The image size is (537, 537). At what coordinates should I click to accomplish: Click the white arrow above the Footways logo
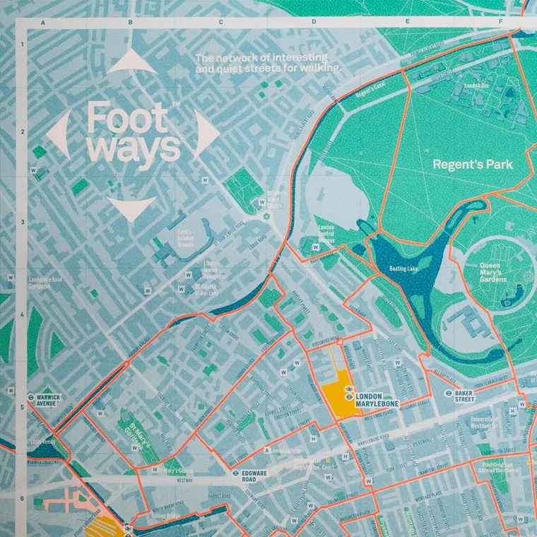click(134, 61)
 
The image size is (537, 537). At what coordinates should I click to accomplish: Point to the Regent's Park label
click(482, 165)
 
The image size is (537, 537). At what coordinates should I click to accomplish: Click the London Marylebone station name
click(377, 400)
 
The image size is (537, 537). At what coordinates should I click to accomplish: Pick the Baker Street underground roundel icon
click(449, 393)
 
